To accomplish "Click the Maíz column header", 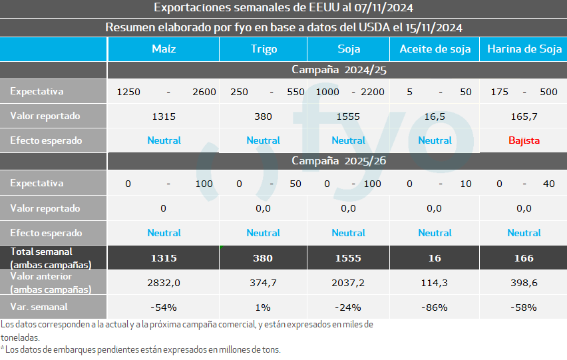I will (163, 49).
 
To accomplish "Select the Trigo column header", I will (264, 49).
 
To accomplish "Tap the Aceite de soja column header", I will (435, 49).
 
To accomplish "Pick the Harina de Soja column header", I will (524, 49).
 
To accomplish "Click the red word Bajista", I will (524, 140).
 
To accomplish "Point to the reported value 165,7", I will (524, 116).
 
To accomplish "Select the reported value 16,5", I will (435, 116).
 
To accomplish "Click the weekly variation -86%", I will (435, 307).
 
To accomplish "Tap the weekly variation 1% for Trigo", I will (263, 307).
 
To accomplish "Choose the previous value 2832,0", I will (163, 283).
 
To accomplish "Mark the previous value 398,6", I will (524, 283).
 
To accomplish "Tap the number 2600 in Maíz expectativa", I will (204, 92).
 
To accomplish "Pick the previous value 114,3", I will (435, 283).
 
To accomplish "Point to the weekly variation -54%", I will (163, 307).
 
